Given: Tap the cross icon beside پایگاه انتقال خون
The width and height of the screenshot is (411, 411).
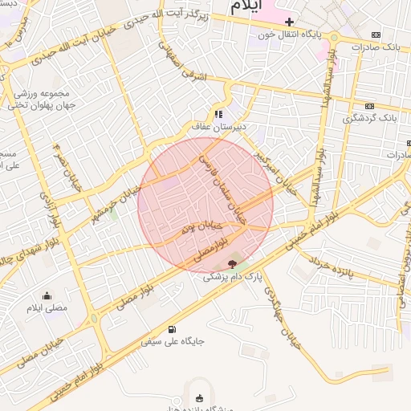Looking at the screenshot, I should click(291, 22).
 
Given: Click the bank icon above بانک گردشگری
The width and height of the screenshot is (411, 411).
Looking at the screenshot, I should click(369, 105).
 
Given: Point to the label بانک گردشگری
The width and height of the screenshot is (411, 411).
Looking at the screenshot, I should click(370, 118).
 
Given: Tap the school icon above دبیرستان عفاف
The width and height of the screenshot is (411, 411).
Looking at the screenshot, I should click(218, 114).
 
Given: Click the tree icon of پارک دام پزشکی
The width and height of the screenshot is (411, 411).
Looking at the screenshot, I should click(232, 263).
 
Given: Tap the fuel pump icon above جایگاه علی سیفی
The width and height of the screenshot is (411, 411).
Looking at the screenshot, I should click(173, 328).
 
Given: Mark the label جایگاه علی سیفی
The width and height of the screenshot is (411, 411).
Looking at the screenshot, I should click(173, 341).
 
